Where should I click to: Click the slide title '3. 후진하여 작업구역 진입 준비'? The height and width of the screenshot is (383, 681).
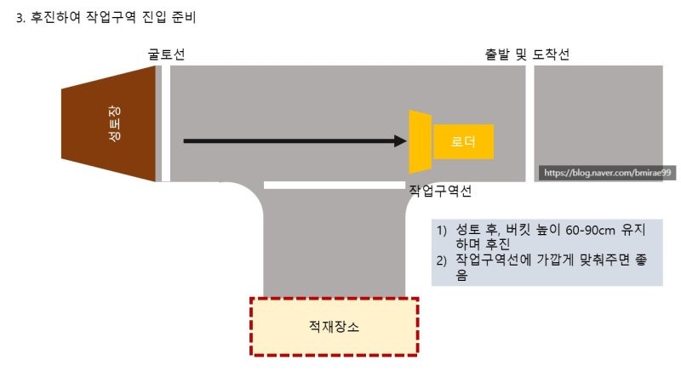click(x=106, y=17)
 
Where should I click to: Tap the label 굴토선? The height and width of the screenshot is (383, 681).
click(x=166, y=55)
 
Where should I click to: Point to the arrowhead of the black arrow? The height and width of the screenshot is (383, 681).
click(x=401, y=140)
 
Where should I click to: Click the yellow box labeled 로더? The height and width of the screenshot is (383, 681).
click(x=463, y=141)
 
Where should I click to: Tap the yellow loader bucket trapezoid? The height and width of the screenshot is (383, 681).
click(x=421, y=141)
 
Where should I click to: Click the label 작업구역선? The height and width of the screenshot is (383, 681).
click(x=440, y=191)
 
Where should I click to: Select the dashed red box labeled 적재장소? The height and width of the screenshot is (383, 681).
click(x=334, y=326)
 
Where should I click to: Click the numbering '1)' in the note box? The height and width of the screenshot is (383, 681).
click(x=442, y=231)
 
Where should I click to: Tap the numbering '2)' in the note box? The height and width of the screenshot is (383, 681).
click(x=442, y=260)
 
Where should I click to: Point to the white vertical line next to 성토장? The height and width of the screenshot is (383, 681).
click(x=166, y=124)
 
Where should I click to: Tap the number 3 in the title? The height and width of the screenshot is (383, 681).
click(x=20, y=17)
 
